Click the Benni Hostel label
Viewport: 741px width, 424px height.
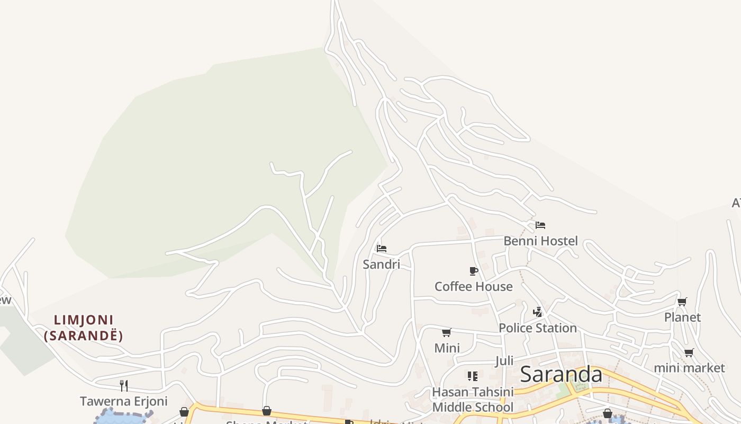pos(540,241)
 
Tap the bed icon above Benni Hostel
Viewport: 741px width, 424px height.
pos(540,225)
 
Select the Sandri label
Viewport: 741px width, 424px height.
pos(381,264)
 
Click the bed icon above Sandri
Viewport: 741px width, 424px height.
pos(382,248)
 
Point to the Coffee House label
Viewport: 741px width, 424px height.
pos(473,287)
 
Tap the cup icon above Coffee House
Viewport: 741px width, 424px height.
pos(474,271)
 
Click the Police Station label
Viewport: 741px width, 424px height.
pos(537,328)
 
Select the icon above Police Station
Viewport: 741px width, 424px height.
pos(538,312)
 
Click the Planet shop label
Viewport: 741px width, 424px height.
pos(682,317)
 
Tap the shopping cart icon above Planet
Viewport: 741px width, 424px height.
pos(682,302)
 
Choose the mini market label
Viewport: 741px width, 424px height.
pos(689,368)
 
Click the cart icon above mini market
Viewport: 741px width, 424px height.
pos(689,352)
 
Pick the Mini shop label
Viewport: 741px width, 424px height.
pos(447,348)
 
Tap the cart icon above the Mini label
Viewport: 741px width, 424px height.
pos(447,333)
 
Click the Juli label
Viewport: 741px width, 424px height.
pos(504,361)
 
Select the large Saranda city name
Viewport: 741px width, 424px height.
pos(561,374)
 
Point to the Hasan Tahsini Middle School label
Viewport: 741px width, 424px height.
pos(473,400)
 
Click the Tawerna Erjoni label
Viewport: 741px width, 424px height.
pos(123,401)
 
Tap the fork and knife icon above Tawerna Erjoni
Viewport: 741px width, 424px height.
pos(124,385)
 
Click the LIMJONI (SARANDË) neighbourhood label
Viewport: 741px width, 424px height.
pos(84,328)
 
